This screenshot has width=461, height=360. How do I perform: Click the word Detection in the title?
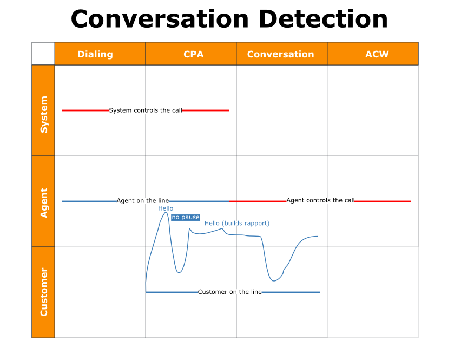pos(323,19)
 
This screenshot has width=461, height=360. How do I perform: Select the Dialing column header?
pos(95,54)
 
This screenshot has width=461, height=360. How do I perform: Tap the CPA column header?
pos(193,54)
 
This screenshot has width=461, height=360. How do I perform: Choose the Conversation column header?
pos(280,54)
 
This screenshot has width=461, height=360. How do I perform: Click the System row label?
pos(44,114)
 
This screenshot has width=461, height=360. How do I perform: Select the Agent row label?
pos(44,202)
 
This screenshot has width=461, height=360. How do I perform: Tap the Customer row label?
pos(44,292)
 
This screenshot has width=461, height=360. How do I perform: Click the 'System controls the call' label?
pos(146,110)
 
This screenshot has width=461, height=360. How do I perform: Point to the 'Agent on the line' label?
pos(143,201)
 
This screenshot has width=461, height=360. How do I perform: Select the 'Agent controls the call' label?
pos(320,200)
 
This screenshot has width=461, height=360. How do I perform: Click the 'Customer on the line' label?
pos(230,292)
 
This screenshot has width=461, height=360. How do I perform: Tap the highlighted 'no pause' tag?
pos(186,218)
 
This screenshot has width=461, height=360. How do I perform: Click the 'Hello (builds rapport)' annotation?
pos(236,224)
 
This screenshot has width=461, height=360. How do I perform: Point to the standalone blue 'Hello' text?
pos(166,208)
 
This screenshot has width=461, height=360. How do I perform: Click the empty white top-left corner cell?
pos(43,54)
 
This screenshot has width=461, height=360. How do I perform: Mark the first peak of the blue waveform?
pos(166,213)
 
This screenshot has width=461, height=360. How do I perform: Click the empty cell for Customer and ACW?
pos(372,292)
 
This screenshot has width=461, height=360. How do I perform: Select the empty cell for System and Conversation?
pos(281,110)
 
